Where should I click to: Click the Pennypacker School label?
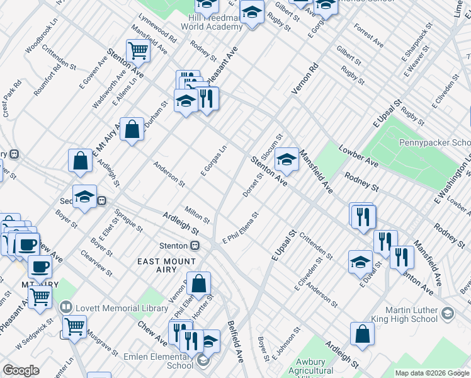click(434, 142)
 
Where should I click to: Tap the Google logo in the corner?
click(21, 370)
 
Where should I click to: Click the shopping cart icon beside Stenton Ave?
click(137, 50)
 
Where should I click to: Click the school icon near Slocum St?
click(287, 159)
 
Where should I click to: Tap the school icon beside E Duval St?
click(360, 261)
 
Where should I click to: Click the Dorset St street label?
click(253, 185)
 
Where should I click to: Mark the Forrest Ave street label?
click(368, 36)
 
